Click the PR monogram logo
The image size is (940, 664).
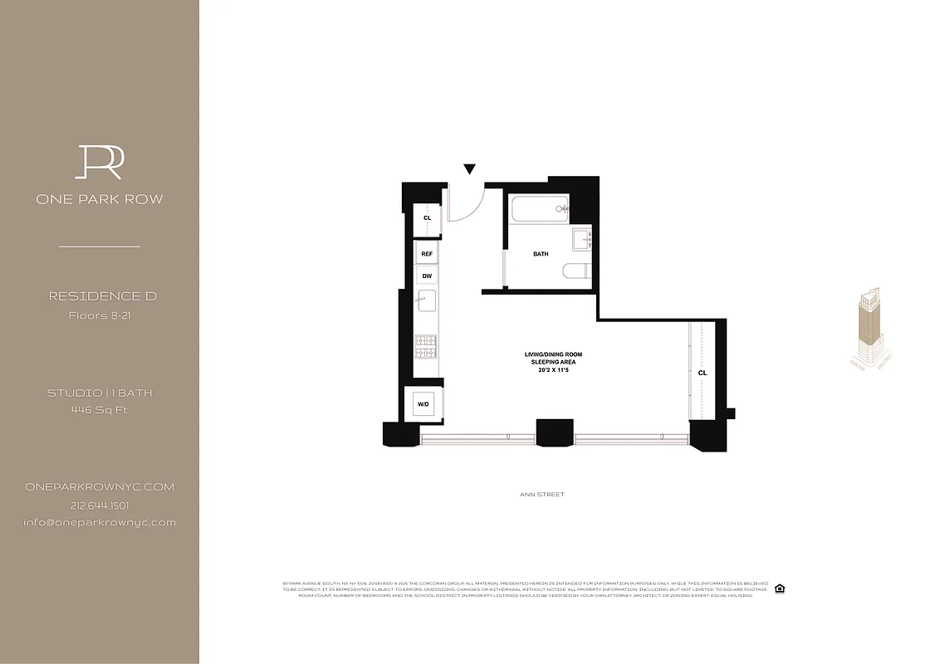(x=100, y=162)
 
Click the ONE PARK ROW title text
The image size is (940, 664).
(x=100, y=199)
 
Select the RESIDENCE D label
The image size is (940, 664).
(x=103, y=296)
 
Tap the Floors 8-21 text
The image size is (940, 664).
(x=100, y=315)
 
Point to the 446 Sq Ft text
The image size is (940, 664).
(x=100, y=409)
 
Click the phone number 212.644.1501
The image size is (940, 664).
(x=100, y=505)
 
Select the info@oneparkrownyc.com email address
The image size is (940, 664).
(x=100, y=522)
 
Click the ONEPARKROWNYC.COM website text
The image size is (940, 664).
(x=100, y=487)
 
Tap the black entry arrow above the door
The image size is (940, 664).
(x=470, y=169)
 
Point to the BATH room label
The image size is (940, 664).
(x=541, y=254)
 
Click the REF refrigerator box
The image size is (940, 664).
(x=427, y=253)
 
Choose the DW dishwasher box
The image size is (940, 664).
(x=427, y=276)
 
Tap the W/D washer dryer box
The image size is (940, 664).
(x=423, y=404)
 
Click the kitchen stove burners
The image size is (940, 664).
(x=426, y=347)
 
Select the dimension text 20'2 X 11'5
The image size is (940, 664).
(x=545, y=371)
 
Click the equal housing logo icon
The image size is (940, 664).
(x=779, y=588)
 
